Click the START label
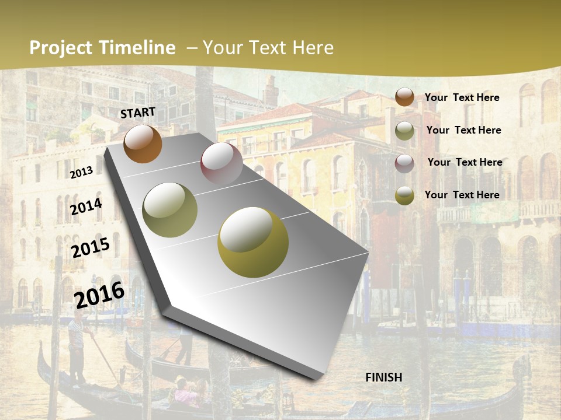pos(138,113)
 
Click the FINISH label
pos(384,377)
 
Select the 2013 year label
pos(81,172)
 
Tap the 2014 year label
pos(86,207)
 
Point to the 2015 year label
pos(90,248)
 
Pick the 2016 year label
pos(99,295)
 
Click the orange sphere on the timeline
pos(143,144)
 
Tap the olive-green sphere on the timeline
pos(170,210)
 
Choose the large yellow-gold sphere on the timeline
pos(253,242)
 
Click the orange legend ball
pos(404,97)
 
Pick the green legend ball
pos(404,131)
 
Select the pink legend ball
pos(404,163)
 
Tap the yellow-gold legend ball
pos(404,195)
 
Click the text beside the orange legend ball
pos(462,97)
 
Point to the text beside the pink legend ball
pos(465,162)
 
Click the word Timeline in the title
pos(137,48)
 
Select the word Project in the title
pos(61,48)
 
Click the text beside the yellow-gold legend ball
pos(462,195)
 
